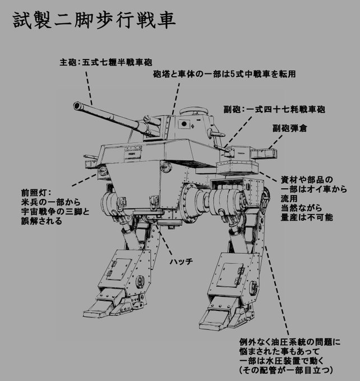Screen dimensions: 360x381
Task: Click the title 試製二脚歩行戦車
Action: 93,22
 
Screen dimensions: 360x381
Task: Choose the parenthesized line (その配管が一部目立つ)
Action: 286,370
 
